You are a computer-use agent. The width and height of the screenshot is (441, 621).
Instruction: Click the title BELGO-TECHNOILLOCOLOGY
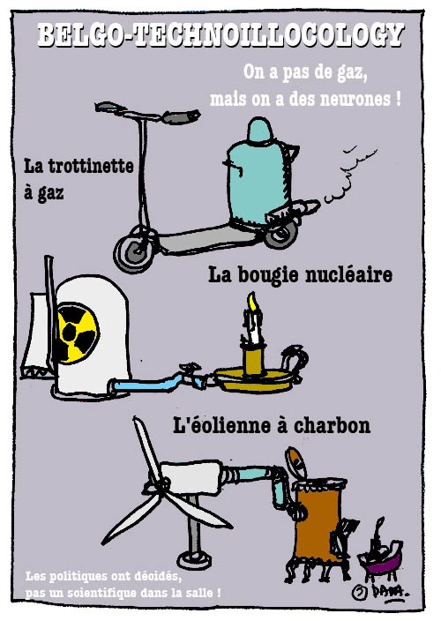click(x=220, y=35)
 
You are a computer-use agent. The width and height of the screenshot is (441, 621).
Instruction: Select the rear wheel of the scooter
click(x=281, y=235)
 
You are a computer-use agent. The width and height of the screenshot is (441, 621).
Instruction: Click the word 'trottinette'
click(x=91, y=166)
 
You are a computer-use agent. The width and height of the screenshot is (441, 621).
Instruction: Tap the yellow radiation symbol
click(x=78, y=333)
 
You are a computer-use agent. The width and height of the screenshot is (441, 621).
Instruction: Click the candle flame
click(x=252, y=302)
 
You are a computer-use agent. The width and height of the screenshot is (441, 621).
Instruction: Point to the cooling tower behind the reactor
click(x=37, y=336)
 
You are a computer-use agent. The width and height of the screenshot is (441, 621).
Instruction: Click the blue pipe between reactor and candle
click(x=159, y=383)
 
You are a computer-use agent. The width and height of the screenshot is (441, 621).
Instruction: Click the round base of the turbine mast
click(x=194, y=559)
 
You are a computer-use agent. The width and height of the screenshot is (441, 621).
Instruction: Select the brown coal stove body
click(x=318, y=523)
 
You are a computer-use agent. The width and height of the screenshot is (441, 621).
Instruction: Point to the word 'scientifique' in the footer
click(x=100, y=594)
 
